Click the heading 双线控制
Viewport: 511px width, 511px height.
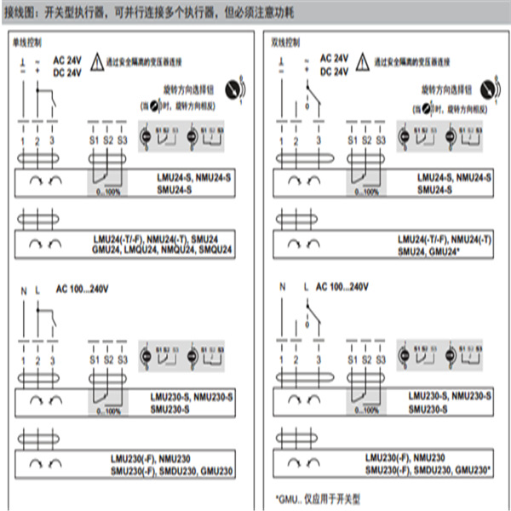tap(286, 41)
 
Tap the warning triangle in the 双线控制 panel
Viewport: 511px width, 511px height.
tap(362, 61)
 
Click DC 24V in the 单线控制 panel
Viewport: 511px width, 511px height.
tap(67, 72)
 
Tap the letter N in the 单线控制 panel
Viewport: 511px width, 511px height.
tap(24, 291)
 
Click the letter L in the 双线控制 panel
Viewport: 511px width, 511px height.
tap(305, 287)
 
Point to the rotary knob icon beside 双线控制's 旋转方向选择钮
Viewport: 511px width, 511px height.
tap(488, 88)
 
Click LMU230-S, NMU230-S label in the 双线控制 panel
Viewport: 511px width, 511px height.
tap(449, 397)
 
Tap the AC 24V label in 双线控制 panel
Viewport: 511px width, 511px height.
tap(335, 58)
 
